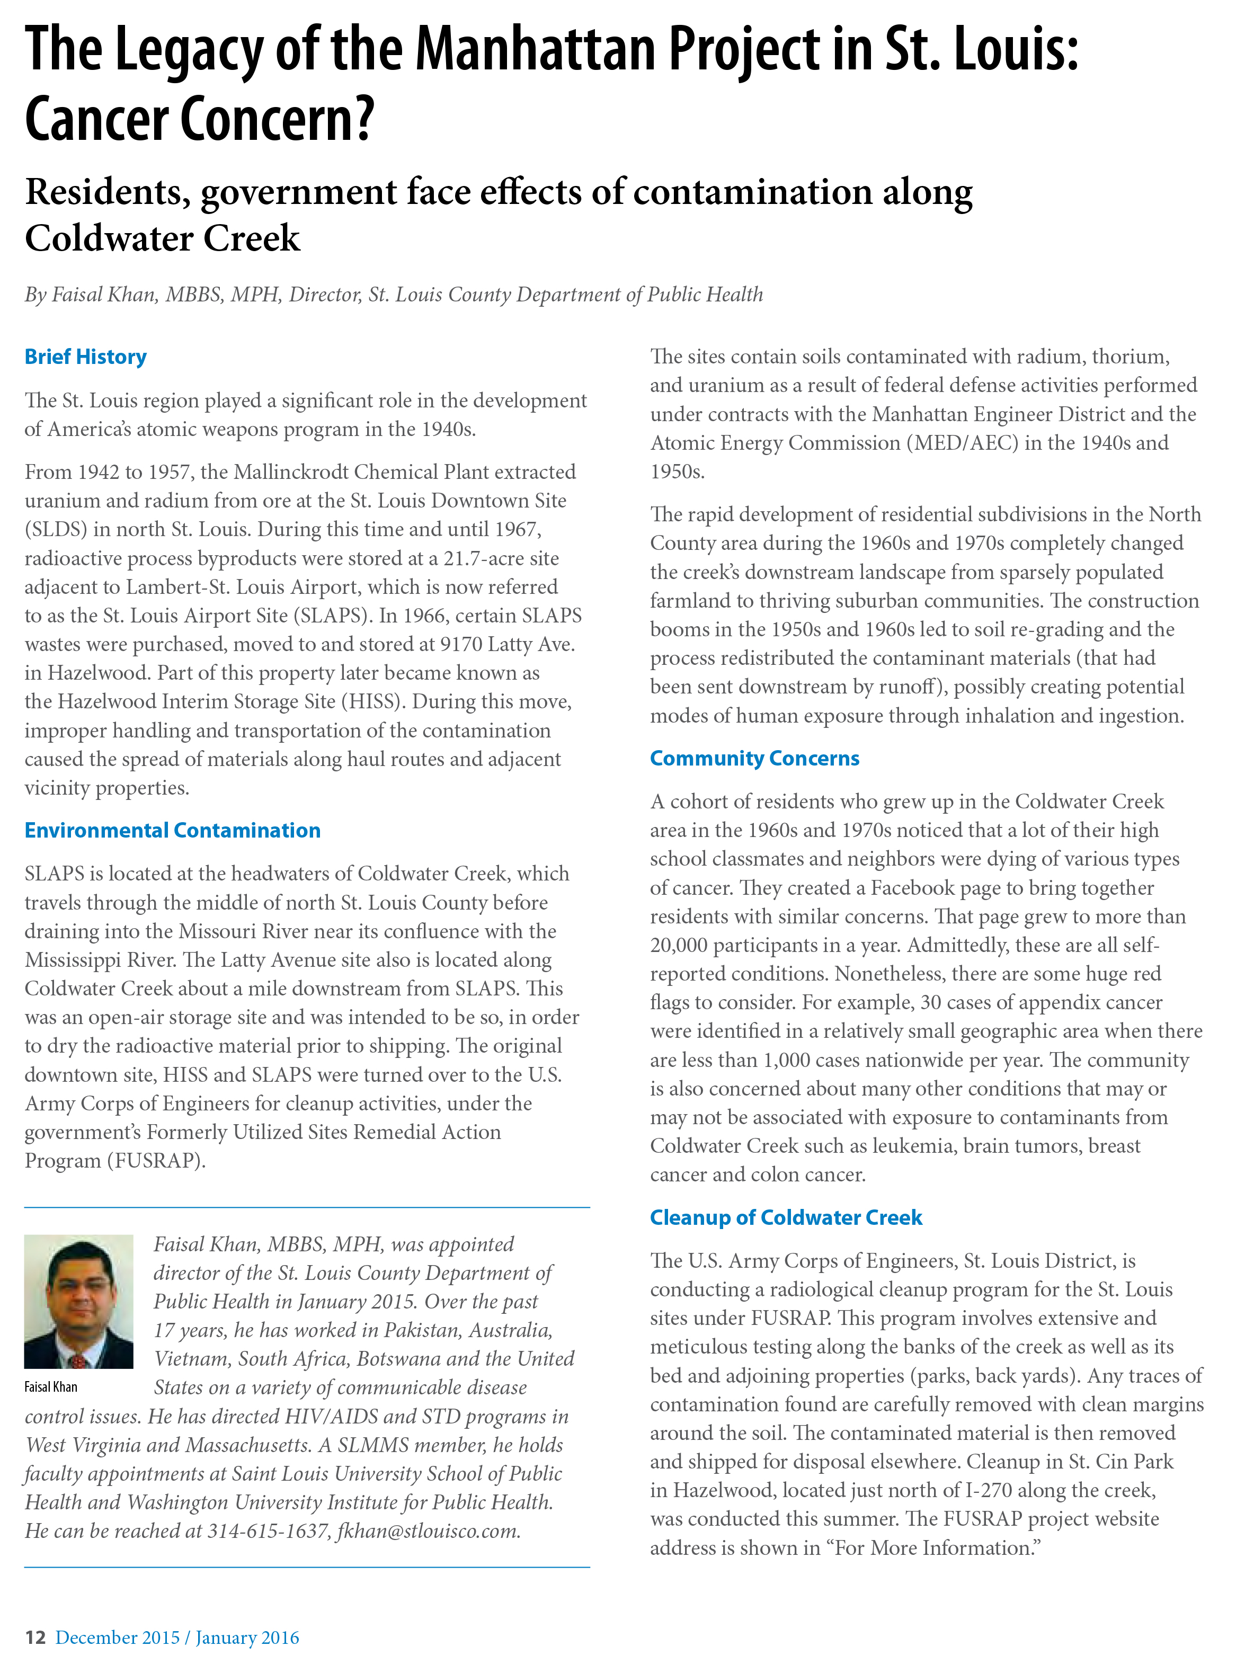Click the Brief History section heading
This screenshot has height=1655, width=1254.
coord(85,357)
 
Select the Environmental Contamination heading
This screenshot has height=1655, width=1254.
coord(172,831)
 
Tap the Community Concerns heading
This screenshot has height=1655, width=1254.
coord(754,759)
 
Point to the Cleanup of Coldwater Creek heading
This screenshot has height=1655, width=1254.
coord(786,1217)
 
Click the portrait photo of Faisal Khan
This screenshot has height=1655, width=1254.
coord(78,1302)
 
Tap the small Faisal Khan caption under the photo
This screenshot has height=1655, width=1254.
coord(51,1386)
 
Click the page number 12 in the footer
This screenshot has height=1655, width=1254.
coord(35,1637)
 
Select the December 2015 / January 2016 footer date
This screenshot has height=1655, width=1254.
coord(177,1637)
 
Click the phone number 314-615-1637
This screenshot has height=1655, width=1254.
coord(269,1531)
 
